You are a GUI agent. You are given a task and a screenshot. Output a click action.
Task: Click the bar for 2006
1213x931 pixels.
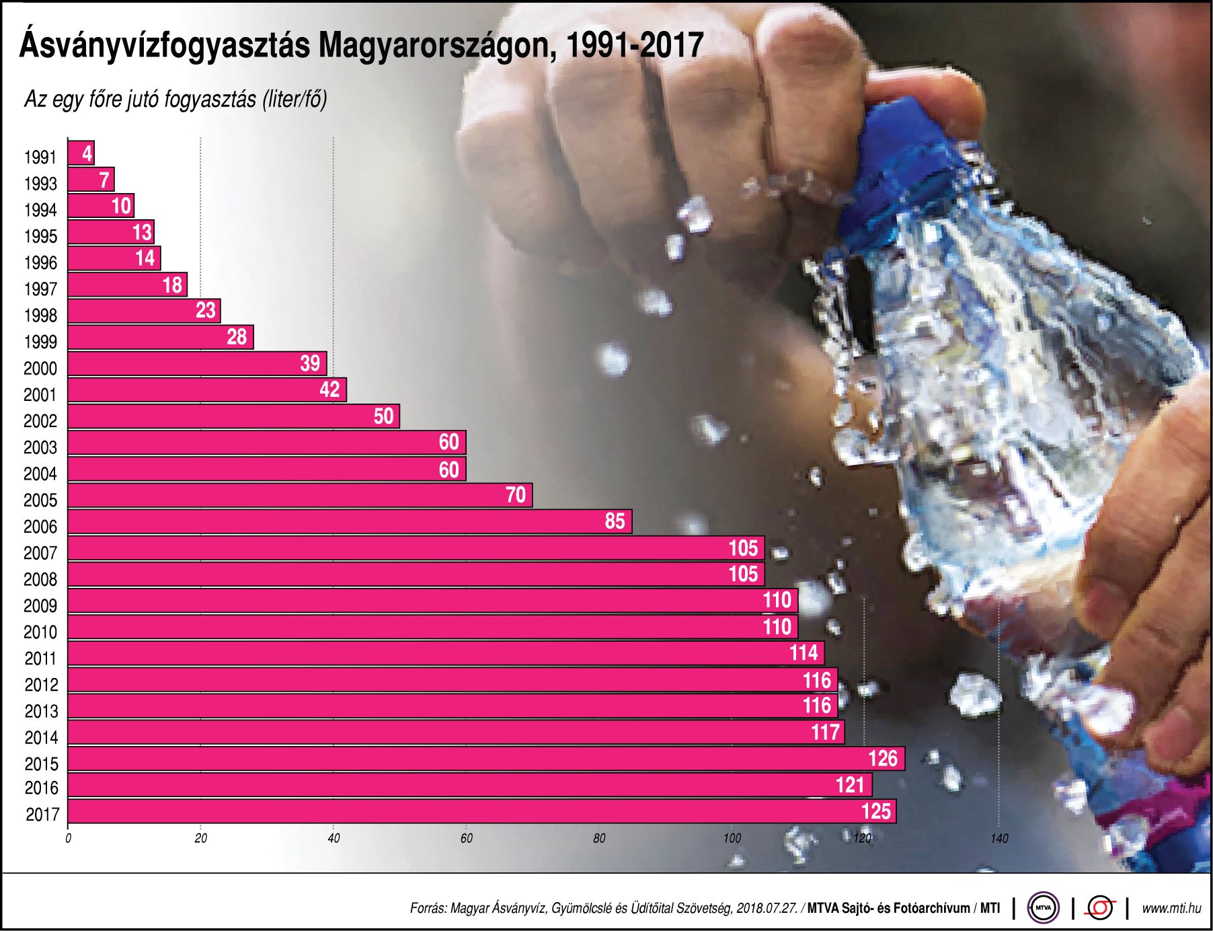[350, 522]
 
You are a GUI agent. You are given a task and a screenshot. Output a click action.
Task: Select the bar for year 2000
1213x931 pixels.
[197, 364]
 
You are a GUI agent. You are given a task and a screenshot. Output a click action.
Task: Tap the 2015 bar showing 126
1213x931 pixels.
[485, 759]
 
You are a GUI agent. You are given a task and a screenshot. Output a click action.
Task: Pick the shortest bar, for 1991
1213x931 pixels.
[81, 153]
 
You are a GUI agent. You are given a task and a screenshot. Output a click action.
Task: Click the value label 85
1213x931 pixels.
[615, 521]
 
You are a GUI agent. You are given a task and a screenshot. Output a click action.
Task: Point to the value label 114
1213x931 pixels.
[804, 653]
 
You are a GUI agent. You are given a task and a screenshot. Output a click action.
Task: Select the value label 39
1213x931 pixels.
[310, 364]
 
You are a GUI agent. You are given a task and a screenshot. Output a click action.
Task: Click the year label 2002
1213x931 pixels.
[40, 422]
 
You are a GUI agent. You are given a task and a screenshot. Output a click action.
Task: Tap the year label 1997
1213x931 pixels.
[40, 290]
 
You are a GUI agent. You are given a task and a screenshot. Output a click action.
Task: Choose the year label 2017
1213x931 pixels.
[42, 815]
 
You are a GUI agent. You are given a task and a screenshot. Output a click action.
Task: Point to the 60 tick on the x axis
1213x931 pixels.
[466, 839]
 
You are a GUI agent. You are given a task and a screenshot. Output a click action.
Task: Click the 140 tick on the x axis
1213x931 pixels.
[999, 839]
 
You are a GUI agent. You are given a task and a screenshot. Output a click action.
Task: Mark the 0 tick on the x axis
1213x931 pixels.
[68, 839]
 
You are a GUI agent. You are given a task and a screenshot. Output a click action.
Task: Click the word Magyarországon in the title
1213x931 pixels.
[437, 46]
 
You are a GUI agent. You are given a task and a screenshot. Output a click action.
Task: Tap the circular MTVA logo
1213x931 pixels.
[1043, 908]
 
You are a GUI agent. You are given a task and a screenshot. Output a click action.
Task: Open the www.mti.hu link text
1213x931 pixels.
[1171, 909]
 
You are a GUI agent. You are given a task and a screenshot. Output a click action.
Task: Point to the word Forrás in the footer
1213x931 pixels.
[428, 909]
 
